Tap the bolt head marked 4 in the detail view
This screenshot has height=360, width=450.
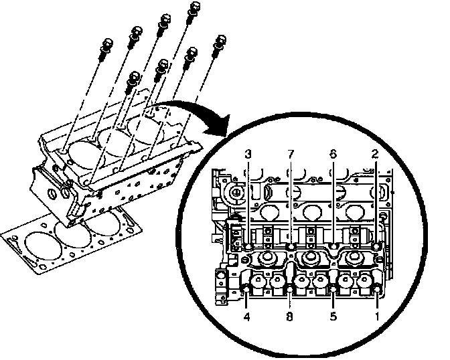(247, 289)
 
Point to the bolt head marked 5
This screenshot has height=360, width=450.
(333, 289)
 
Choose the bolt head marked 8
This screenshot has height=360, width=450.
(290, 289)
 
